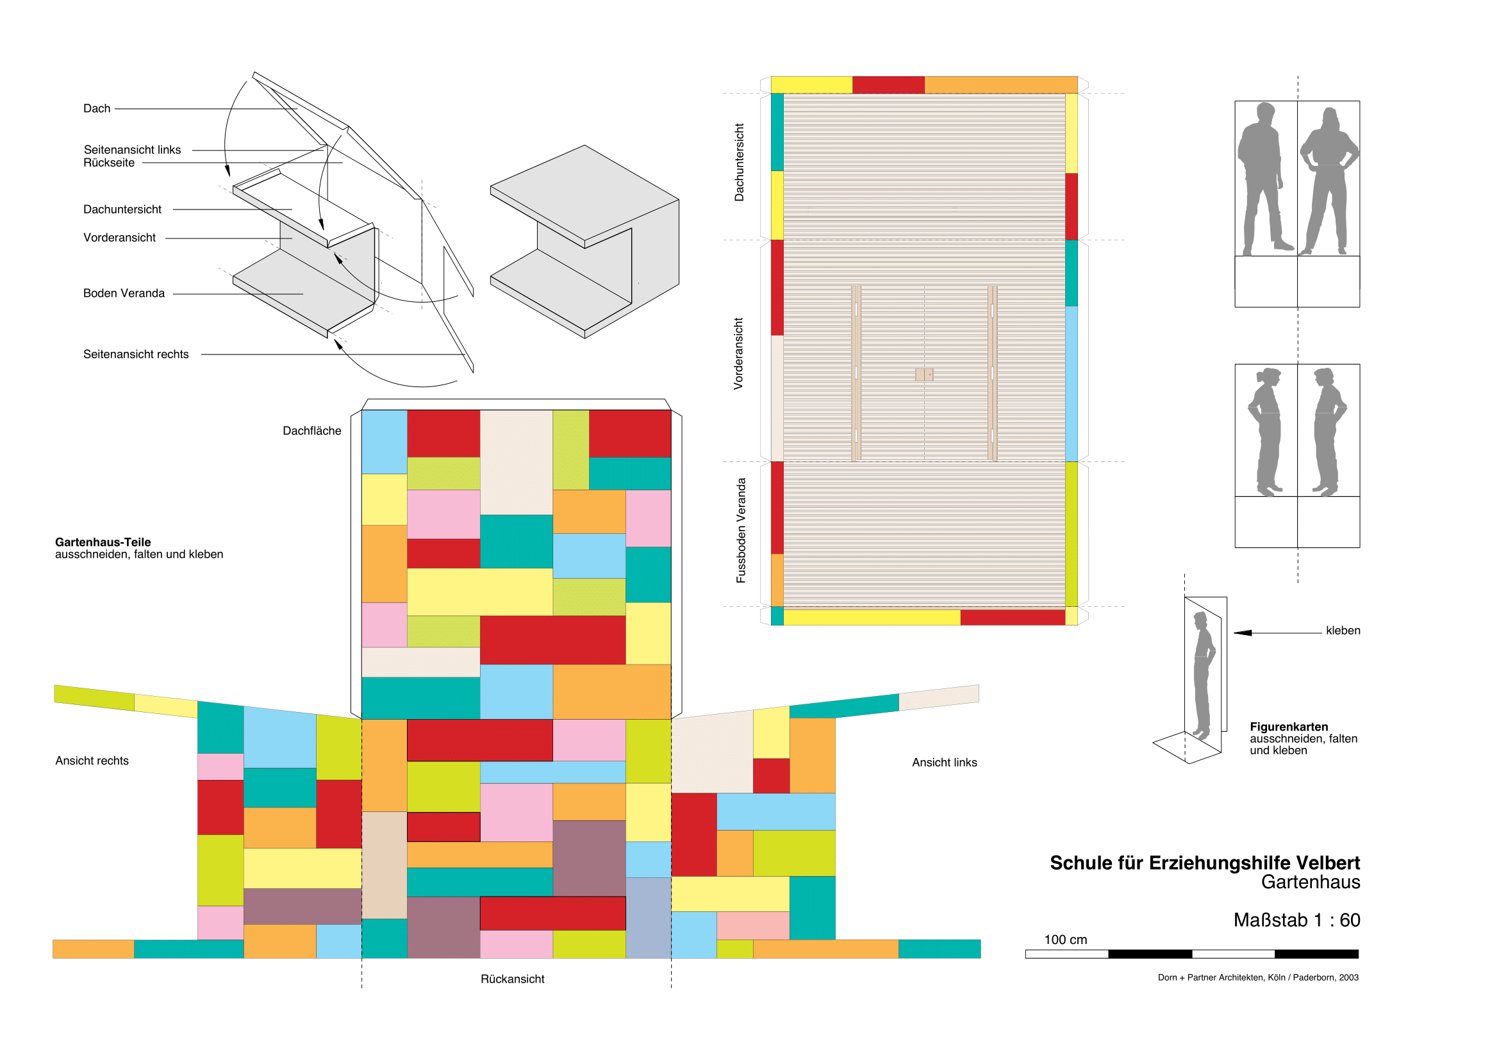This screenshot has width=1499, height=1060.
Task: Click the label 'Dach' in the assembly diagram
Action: [97, 108]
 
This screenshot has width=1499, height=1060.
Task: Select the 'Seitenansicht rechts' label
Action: [136, 354]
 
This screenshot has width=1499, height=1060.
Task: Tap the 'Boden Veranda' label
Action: [124, 293]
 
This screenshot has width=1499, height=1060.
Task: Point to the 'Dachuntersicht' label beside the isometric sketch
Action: [122, 210]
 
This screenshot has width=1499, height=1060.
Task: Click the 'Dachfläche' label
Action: [311, 431]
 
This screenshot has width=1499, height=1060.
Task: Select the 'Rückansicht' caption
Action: [512, 979]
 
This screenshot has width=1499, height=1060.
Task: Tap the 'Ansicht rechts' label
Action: [92, 761]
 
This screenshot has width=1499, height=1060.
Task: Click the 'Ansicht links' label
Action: [944, 763]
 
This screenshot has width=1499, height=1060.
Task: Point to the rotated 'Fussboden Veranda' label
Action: [740, 531]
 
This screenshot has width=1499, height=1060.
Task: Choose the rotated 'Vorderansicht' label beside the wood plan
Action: [738, 354]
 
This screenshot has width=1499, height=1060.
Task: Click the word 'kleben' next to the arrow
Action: [1343, 631]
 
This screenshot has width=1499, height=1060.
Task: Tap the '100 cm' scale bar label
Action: [1066, 940]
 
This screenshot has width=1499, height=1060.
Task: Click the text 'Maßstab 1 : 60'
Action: [1296, 920]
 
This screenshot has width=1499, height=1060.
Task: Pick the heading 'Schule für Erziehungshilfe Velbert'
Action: [1205, 863]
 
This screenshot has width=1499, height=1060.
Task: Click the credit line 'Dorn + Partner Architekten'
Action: [1257, 977]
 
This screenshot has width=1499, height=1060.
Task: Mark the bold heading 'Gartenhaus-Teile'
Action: [103, 542]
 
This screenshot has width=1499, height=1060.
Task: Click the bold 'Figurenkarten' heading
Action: [1289, 727]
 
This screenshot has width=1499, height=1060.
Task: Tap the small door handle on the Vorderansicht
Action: [924, 375]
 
